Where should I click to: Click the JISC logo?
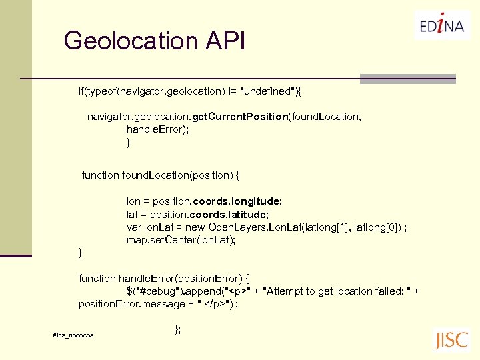(x=451, y=339)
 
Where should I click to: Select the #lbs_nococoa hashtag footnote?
(x=73, y=334)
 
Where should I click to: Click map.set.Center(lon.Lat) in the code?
(x=181, y=240)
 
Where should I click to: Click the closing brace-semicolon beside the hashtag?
(x=177, y=329)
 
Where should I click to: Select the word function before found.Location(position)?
(x=101, y=175)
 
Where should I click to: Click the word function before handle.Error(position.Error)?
(x=97, y=278)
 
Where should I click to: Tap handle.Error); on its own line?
(x=158, y=129)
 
